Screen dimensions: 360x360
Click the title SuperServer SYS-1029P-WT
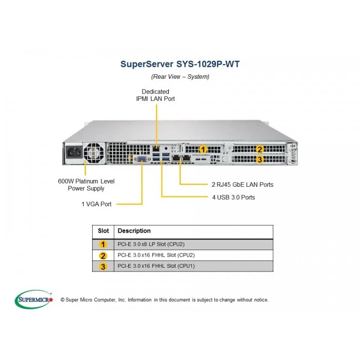(x=180, y=64)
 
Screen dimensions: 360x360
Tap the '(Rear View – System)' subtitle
(x=180, y=76)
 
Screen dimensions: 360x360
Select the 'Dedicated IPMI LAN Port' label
(x=155, y=95)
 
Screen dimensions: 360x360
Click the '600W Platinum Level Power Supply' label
(x=86, y=185)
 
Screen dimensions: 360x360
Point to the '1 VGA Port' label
(x=96, y=204)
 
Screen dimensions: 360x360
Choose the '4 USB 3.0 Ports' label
(x=234, y=198)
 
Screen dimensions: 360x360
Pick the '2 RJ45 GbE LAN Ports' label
(x=243, y=184)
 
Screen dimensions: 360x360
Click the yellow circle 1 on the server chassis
(x=203, y=149)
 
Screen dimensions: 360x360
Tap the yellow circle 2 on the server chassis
(x=260, y=149)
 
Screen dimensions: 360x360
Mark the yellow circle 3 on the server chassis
(x=260, y=159)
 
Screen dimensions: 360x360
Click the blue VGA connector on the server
(x=142, y=159)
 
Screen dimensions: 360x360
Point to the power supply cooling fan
(x=94, y=153)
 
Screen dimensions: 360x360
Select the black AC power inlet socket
(x=74, y=152)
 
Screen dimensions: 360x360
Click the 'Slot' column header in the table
(x=103, y=231)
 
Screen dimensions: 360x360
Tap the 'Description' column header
(x=134, y=231)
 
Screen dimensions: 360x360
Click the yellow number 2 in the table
(x=103, y=256)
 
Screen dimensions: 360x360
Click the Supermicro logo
(x=34, y=299)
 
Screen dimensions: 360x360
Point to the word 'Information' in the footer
(x=139, y=300)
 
